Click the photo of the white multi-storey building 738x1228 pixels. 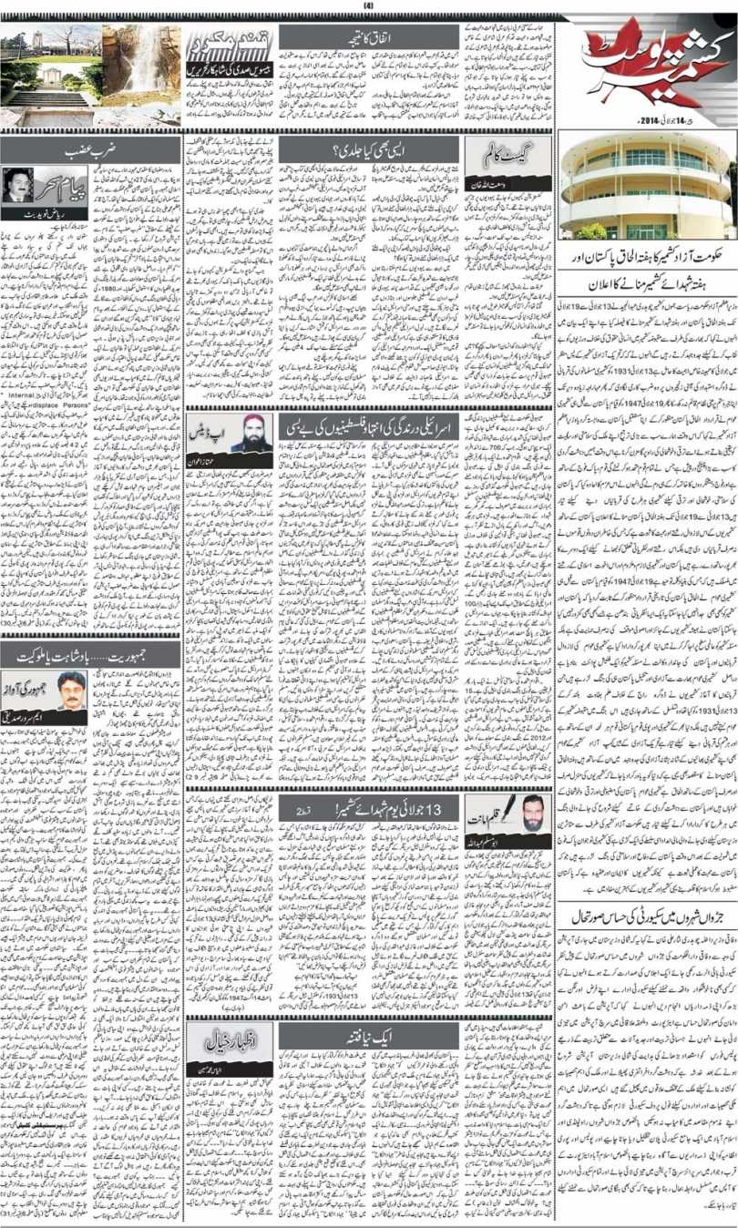coord(647,187)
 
